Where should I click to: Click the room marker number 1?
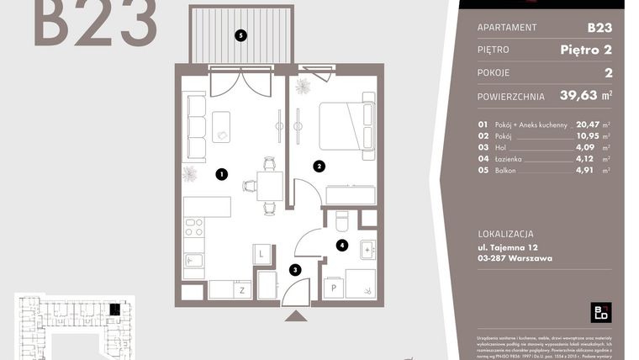(221, 175)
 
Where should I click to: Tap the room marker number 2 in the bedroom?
(319, 167)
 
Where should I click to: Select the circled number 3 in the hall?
(294, 270)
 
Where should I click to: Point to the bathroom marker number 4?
(341, 246)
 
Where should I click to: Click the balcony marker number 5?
(241, 35)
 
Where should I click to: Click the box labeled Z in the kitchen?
(242, 289)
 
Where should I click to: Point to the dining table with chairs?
(270, 184)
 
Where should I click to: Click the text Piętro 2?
(585, 50)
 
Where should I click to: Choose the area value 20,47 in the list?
(587, 125)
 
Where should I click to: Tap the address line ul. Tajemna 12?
(507, 248)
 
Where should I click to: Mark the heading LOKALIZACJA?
(504, 234)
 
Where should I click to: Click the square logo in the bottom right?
(601, 311)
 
